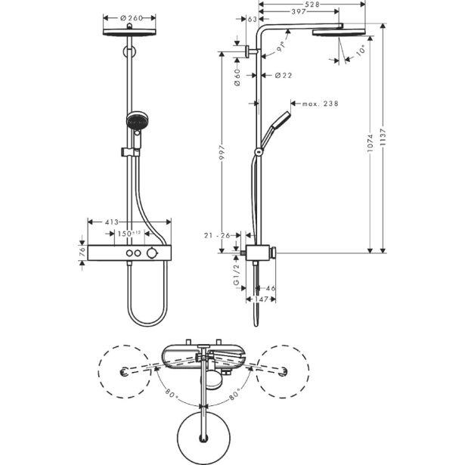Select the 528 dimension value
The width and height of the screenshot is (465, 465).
(312, 5)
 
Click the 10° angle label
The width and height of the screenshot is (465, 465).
(361, 51)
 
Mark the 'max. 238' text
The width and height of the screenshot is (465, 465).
(321, 104)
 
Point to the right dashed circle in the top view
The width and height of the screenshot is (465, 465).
(283, 370)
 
